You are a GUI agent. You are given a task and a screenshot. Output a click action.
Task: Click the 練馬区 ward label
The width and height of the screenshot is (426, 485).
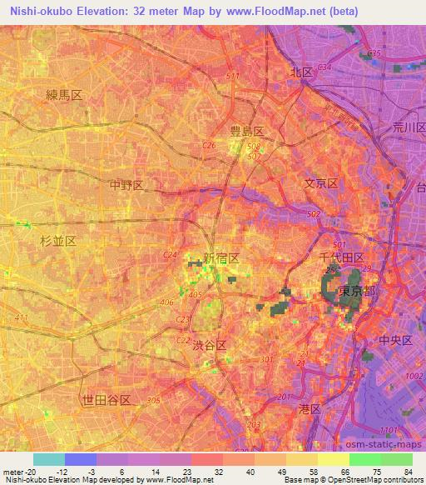pyautogui.click(x=64, y=97)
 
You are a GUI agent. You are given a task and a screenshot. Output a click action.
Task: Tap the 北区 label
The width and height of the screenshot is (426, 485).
pyautogui.click(x=300, y=72)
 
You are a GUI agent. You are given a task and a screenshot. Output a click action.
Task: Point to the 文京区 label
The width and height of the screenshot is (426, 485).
pyautogui.click(x=320, y=183)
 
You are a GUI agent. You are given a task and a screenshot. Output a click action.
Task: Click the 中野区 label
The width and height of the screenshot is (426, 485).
pyautogui.click(x=127, y=184)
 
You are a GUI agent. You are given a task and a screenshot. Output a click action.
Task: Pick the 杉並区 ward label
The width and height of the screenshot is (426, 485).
pyautogui.click(x=58, y=240)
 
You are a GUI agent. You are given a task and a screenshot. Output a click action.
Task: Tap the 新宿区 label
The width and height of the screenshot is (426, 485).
pyautogui.click(x=221, y=259)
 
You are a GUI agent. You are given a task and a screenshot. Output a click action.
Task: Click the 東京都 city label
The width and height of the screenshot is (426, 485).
pyautogui.click(x=358, y=292)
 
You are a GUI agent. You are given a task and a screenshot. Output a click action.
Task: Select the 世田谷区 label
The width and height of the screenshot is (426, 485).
pyautogui.click(x=106, y=401)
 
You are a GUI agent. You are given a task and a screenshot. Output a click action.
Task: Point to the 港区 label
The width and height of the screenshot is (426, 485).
pyautogui.click(x=309, y=408)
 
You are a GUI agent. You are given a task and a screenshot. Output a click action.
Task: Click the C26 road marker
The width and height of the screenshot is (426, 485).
pyautogui.click(x=210, y=145)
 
